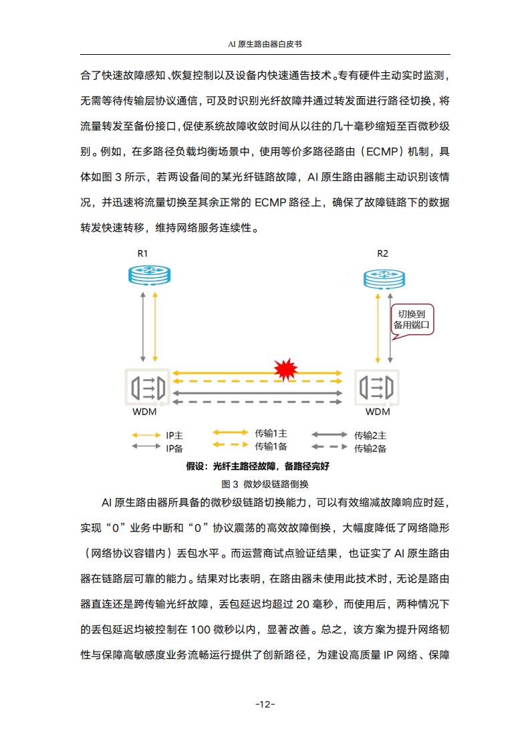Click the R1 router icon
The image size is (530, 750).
pyautogui.click(x=149, y=275)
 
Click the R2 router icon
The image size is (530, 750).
pyautogui.click(x=384, y=279)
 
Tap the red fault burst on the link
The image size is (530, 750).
pyautogui.click(x=285, y=369)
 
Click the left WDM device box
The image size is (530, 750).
pyautogui.click(x=147, y=387)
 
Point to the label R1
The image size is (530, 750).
pyautogui.click(x=142, y=253)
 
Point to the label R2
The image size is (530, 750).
pyautogui.click(x=383, y=253)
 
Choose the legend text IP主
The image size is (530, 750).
pyautogui.click(x=174, y=435)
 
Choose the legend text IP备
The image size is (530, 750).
pyautogui.click(x=174, y=448)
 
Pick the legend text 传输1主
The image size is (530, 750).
pyautogui.click(x=271, y=433)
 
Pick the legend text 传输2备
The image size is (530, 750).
pyautogui.click(x=370, y=449)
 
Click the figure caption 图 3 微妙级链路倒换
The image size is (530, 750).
pyautogui.click(x=265, y=484)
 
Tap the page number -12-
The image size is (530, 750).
pyautogui.click(x=265, y=704)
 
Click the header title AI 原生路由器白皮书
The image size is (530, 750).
pyautogui.click(x=265, y=44)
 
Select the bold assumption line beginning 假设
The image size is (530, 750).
pyautogui.click(x=258, y=466)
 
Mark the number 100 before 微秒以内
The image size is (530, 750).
pyautogui.click(x=200, y=630)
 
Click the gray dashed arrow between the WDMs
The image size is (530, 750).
pyautogui.click(x=257, y=402)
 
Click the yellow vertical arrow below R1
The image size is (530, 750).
pyautogui.click(x=155, y=327)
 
